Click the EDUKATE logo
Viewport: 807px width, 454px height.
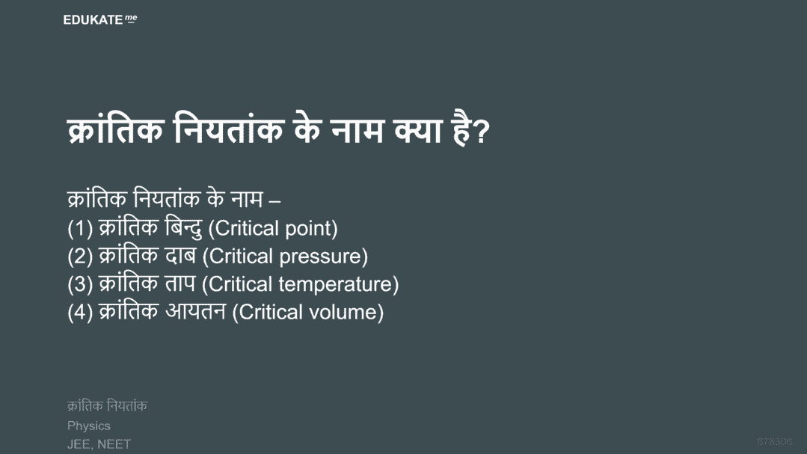point(99,19)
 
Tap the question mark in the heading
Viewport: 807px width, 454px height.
point(480,132)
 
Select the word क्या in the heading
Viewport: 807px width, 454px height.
point(418,130)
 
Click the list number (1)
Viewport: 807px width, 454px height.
point(80,229)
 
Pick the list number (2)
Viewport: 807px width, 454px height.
point(80,257)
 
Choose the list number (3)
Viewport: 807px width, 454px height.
point(80,284)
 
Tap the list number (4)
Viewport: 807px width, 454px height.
point(80,312)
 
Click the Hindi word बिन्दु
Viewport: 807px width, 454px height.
point(184,228)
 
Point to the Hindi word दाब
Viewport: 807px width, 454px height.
point(181,256)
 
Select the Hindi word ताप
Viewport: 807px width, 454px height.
point(181,283)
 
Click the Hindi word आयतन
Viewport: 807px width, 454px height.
point(195,311)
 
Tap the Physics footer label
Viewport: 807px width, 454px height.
point(88,426)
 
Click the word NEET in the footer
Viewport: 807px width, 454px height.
point(114,444)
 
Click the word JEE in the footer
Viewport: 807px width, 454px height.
point(79,444)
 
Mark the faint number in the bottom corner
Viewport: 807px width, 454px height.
point(774,441)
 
